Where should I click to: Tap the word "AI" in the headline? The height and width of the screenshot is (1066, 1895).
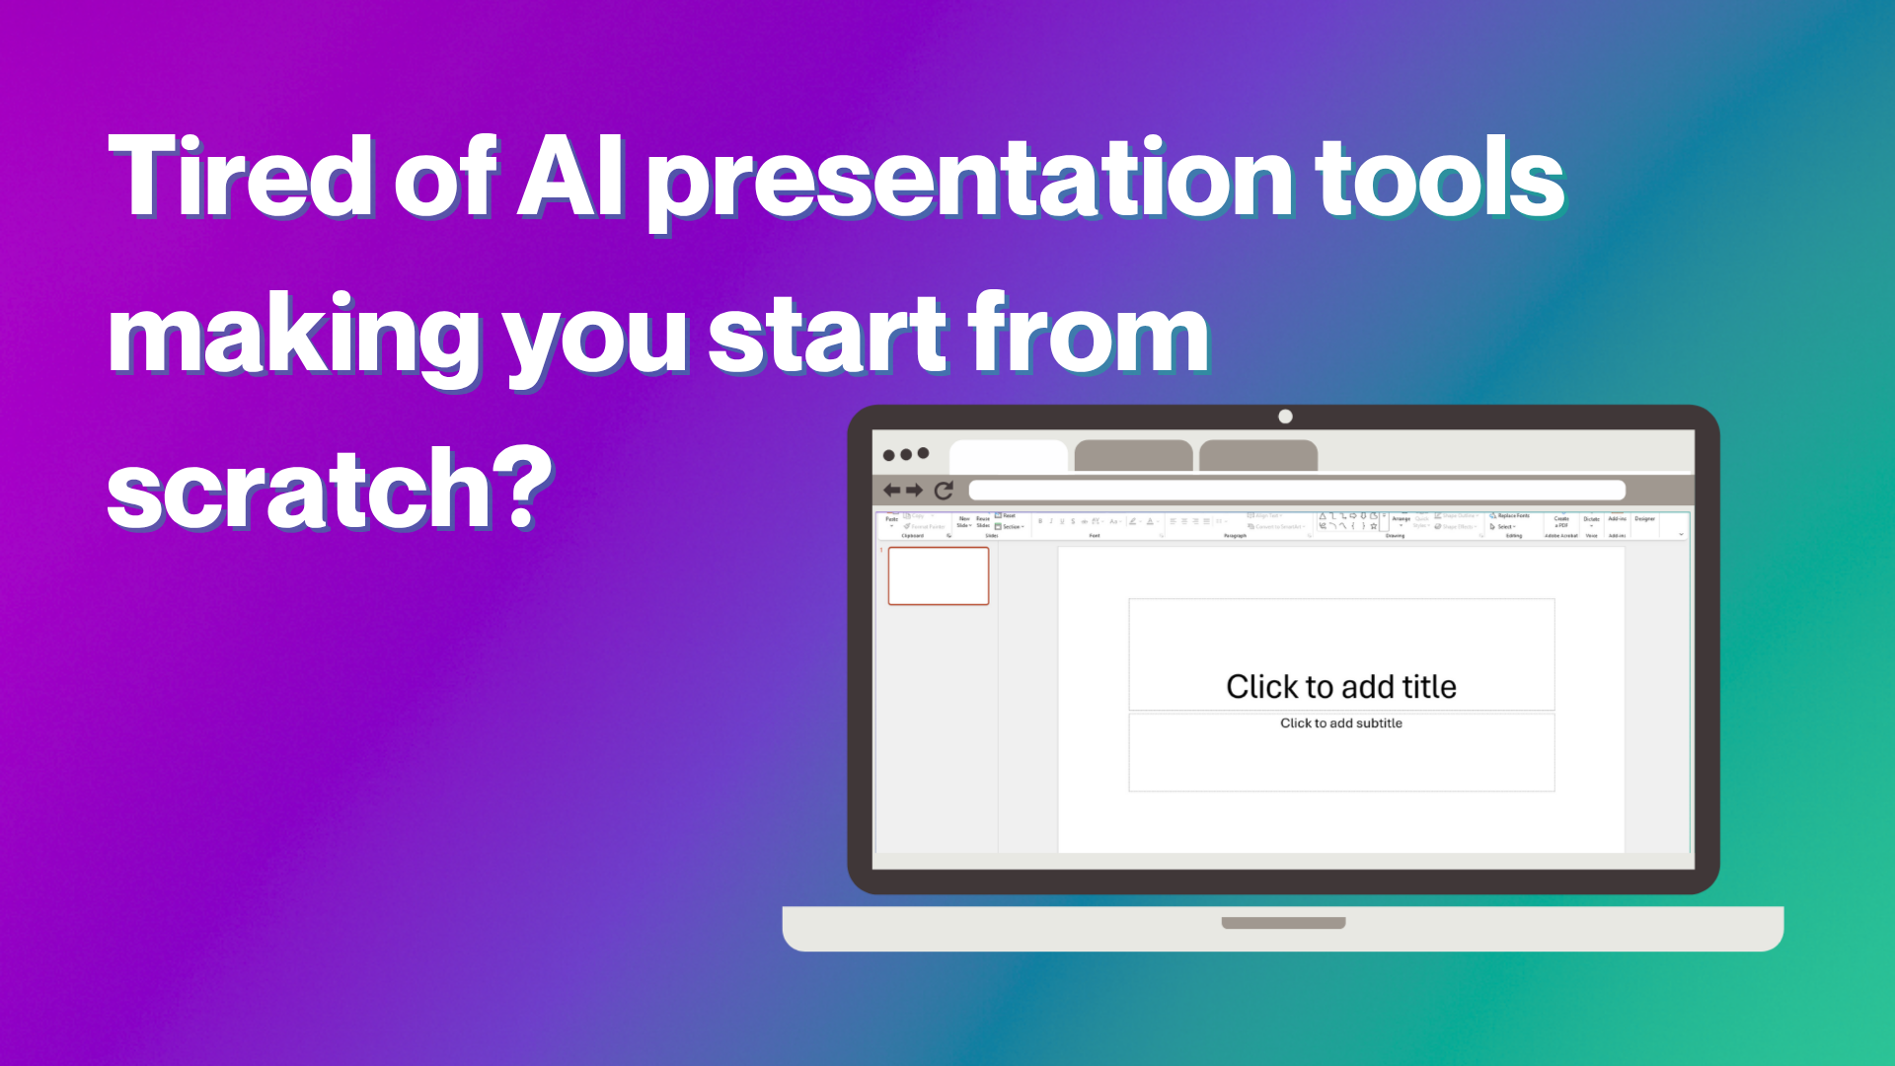569,178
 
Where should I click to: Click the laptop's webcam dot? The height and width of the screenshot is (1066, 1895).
1285,417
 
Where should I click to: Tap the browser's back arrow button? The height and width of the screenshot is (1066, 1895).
892,491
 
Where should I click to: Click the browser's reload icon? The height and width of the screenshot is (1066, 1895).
944,491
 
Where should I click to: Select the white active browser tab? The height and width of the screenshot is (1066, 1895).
1008,456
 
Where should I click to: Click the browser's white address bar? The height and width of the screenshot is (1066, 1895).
1296,491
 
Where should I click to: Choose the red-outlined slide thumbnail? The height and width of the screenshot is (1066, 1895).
938,575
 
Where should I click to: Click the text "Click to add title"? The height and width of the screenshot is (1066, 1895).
1340,686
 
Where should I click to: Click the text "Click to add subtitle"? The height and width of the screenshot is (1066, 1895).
1340,723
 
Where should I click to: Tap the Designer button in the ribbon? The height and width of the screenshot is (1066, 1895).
1644,519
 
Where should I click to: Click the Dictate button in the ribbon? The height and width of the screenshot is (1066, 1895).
1591,521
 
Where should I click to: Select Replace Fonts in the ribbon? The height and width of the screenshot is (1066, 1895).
1511,515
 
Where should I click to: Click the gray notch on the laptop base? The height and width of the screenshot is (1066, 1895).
1283,923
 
